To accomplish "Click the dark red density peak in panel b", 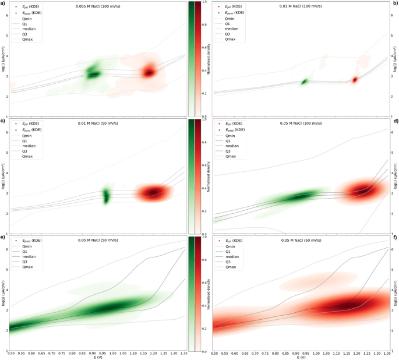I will click(x=354, y=80).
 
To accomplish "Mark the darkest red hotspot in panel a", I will click(x=150, y=72).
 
